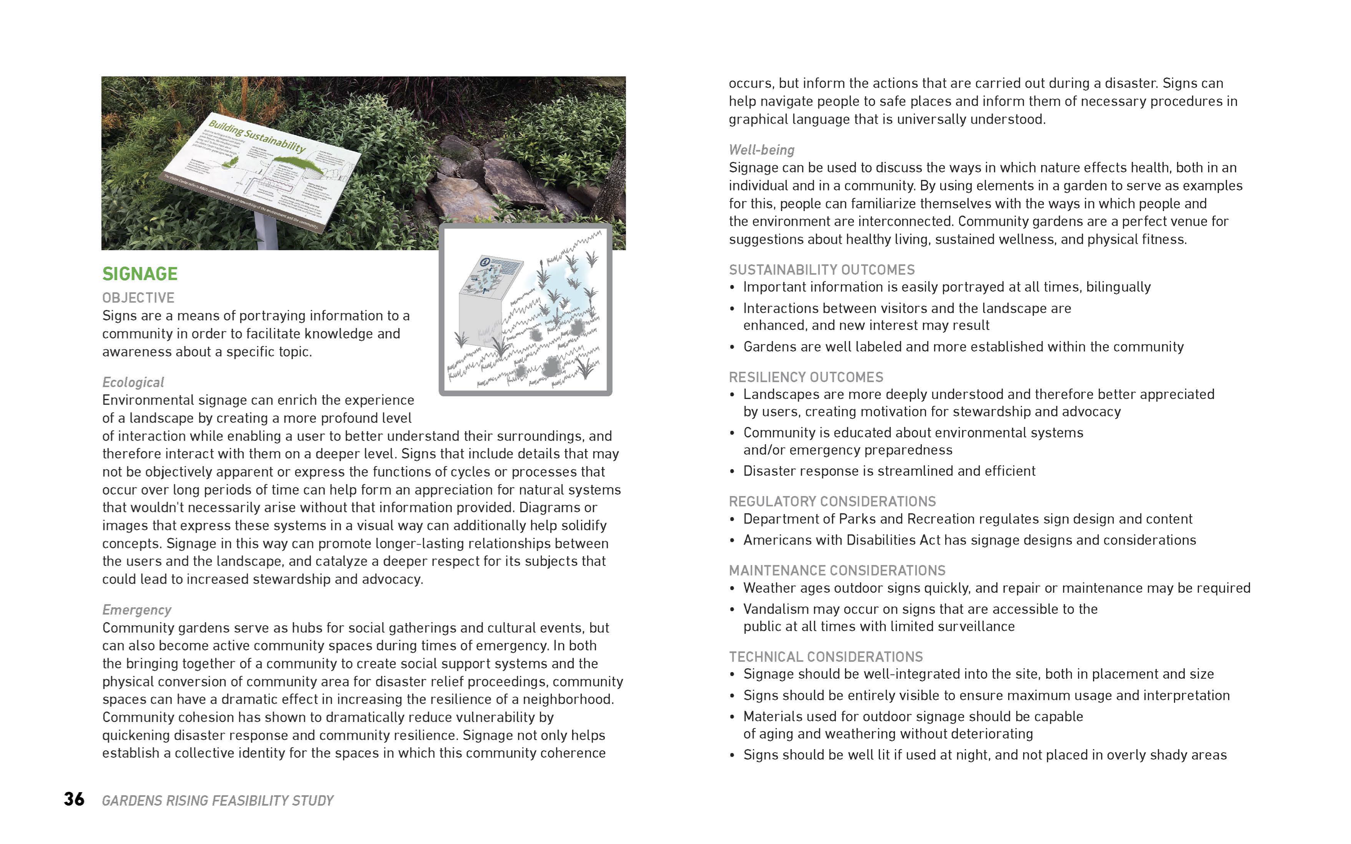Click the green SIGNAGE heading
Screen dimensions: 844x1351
140,274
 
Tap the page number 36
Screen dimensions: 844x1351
74,799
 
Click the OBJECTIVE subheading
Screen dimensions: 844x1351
138,298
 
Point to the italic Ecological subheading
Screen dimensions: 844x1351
133,382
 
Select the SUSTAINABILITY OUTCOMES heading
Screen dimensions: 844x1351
821,270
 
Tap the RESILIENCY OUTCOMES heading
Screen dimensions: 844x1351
806,377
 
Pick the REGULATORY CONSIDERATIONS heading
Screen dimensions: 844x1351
832,501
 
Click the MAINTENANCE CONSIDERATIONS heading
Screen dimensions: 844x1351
837,570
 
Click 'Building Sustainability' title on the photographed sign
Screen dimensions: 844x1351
257,135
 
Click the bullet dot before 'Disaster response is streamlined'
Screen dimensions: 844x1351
732,472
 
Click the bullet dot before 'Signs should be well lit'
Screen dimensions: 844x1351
732,756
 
